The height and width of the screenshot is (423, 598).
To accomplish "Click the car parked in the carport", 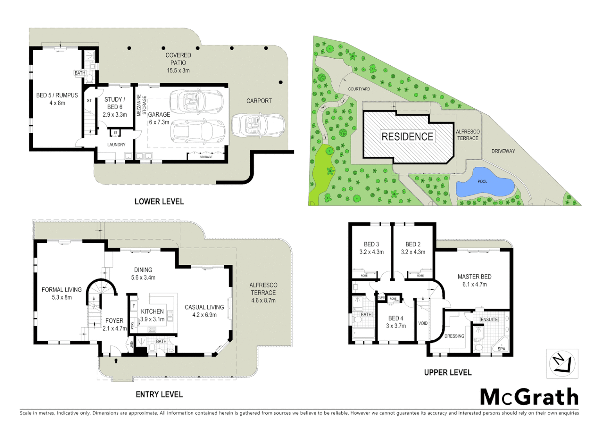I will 258,125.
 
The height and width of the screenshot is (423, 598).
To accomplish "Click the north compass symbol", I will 562,363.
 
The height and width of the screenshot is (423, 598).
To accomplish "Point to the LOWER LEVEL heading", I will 159,201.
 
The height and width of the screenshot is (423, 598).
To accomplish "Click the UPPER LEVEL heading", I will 448,372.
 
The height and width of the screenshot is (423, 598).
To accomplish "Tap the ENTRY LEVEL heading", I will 159,394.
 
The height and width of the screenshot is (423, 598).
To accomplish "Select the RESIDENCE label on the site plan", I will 407,137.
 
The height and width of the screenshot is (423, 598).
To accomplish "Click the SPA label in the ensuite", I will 501,349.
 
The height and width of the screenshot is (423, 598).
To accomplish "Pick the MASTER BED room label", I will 474,277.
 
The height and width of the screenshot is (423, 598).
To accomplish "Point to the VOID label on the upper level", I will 423,323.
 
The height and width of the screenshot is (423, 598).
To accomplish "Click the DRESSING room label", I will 454,336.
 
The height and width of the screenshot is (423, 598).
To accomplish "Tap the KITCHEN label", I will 152,311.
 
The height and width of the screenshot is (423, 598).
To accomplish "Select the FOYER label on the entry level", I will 114,320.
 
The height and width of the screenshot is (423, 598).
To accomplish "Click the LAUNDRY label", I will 116,145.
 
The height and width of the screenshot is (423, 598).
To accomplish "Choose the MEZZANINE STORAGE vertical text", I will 141,105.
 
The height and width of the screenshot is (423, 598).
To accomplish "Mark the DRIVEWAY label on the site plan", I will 503,151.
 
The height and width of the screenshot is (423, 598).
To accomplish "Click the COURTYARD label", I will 359,89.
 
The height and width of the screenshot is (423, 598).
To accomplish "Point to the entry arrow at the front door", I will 116,360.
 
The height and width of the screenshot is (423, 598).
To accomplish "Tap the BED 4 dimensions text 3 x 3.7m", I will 396,326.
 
